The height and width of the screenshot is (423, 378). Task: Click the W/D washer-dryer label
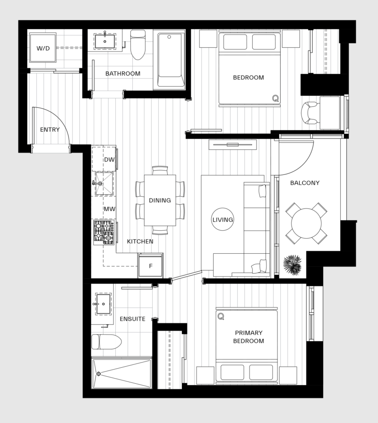43,48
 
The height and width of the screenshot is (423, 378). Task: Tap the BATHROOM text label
123,74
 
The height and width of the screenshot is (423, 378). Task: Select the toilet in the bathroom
137,46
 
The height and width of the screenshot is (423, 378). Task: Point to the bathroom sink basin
104,42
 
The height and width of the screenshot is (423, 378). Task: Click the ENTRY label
50,129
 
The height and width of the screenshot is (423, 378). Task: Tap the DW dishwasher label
109,160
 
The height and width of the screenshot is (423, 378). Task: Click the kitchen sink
104,183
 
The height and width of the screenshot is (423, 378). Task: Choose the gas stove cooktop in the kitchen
103,232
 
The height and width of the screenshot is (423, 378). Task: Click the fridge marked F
151,266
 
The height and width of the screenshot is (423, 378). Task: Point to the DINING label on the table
160,200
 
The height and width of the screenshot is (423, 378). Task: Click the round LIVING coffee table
223,220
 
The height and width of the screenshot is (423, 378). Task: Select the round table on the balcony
306,223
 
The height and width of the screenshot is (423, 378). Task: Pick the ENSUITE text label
133,319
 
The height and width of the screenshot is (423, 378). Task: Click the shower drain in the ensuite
98,374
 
